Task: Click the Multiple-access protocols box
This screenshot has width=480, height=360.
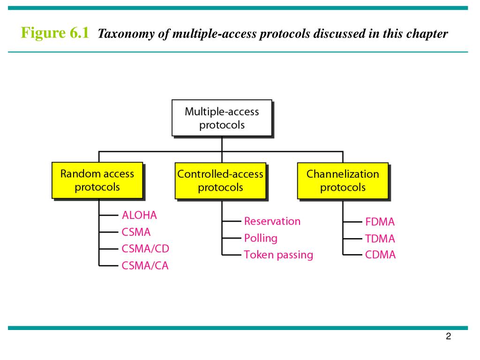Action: click(x=222, y=118)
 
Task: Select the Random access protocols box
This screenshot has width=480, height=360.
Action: click(x=97, y=180)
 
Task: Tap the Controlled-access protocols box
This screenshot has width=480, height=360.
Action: click(x=220, y=180)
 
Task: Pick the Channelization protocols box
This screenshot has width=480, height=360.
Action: click(x=343, y=180)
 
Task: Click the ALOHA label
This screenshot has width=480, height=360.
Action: click(x=139, y=215)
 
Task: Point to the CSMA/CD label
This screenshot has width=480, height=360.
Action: click(x=145, y=248)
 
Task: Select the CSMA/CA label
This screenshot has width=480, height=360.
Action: click(x=145, y=265)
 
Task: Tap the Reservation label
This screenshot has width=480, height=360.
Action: click(x=272, y=221)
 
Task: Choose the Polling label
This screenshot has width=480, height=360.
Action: click(x=261, y=238)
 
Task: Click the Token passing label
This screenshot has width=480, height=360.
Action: click(x=278, y=255)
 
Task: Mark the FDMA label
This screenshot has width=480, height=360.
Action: click(x=380, y=222)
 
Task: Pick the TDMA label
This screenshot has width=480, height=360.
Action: click(x=380, y=239)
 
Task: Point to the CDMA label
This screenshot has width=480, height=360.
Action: click(x=380, y=255)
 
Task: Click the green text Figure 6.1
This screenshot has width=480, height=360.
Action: click(x=55, y=33)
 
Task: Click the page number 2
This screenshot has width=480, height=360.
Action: click(x=449, y=336)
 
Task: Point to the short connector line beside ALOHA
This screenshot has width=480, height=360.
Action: click(x=109, y=215)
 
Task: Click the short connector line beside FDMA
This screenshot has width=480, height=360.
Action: click(x=352, y=222)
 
